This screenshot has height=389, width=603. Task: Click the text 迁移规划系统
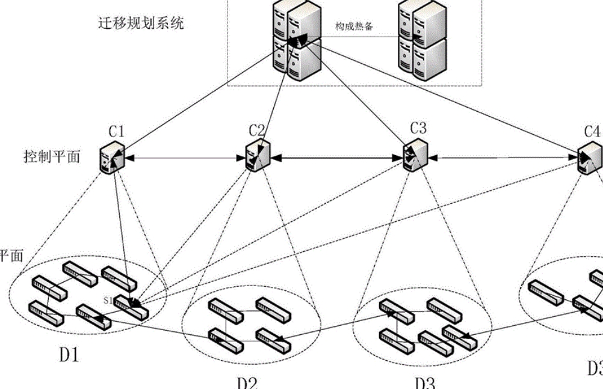pos(141,24)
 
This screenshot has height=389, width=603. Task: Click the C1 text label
pos(116,130)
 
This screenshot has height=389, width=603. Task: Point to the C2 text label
pos(257,130)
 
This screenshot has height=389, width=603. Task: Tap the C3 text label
pos(418,128)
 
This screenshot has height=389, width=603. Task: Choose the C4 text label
pos(592,130)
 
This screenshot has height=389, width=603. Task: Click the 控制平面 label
pos(51,158)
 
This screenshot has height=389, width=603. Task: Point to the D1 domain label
pos(69,355)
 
